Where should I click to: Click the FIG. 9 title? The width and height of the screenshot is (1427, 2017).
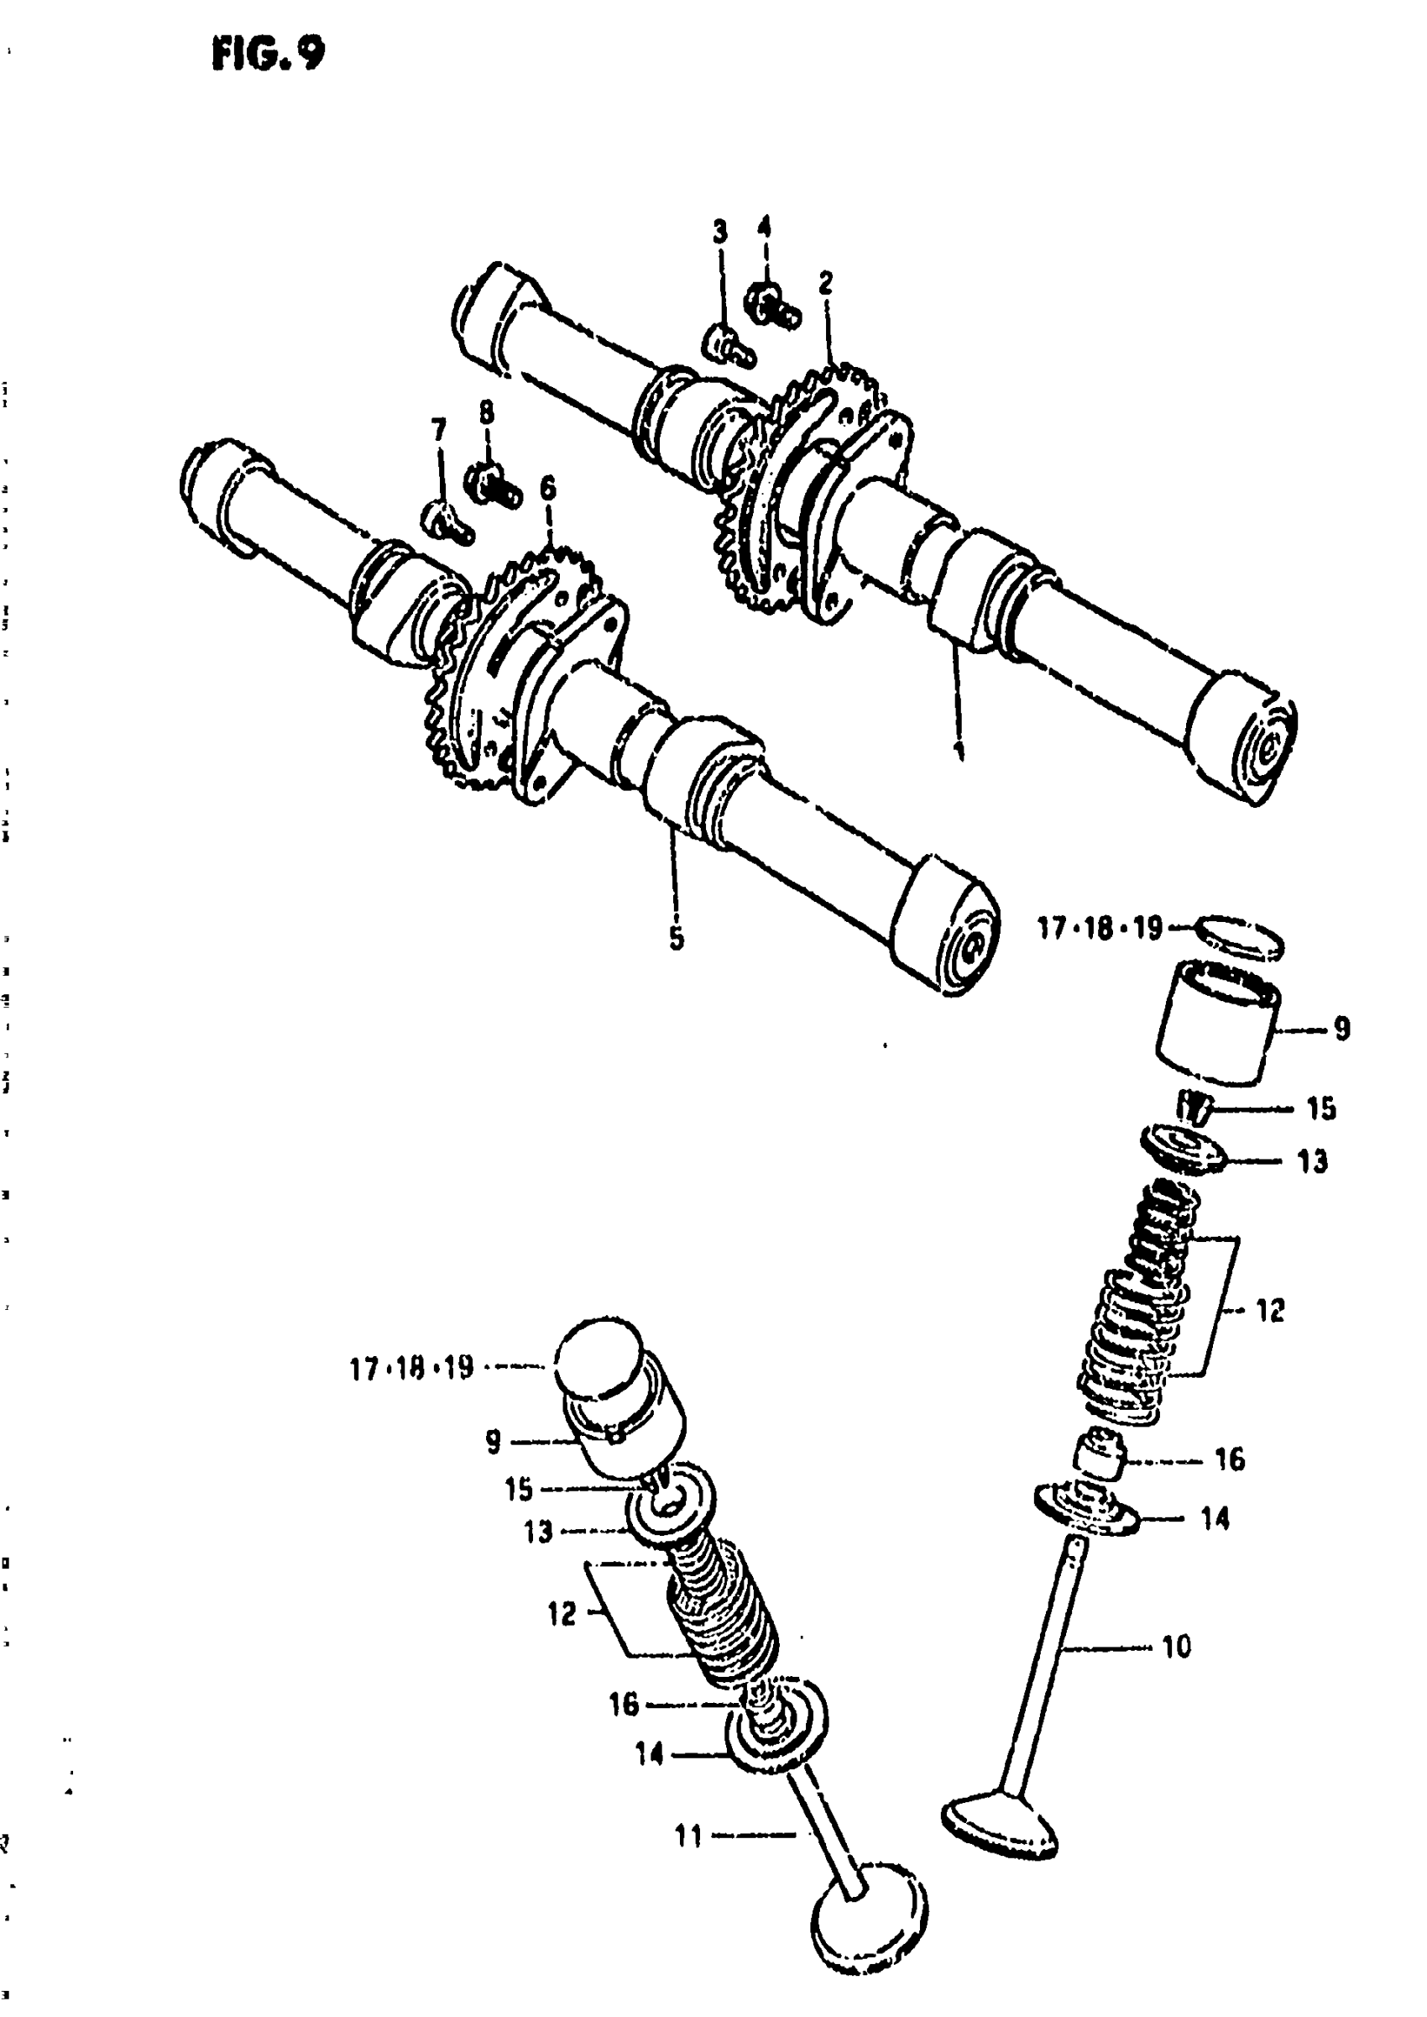(268, 55)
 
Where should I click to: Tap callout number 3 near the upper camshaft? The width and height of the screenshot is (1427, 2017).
(719, 232)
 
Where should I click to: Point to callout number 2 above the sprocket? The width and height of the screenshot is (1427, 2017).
(825, 283)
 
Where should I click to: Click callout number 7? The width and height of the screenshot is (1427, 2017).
(438, 430)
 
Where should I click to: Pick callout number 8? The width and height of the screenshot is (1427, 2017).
(486, 412)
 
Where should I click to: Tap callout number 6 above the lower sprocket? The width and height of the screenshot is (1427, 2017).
(548, 488)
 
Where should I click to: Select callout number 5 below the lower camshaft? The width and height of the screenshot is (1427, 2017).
(676, 938)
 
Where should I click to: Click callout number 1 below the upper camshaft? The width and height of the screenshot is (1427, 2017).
(959, 749)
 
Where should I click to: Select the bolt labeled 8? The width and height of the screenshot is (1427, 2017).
(491, 483)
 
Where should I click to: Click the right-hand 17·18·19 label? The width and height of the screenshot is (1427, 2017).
(1100, 928)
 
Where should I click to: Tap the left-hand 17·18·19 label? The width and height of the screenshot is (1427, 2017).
(411, 1369)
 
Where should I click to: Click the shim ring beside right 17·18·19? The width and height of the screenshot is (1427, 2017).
(1240, 937)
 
